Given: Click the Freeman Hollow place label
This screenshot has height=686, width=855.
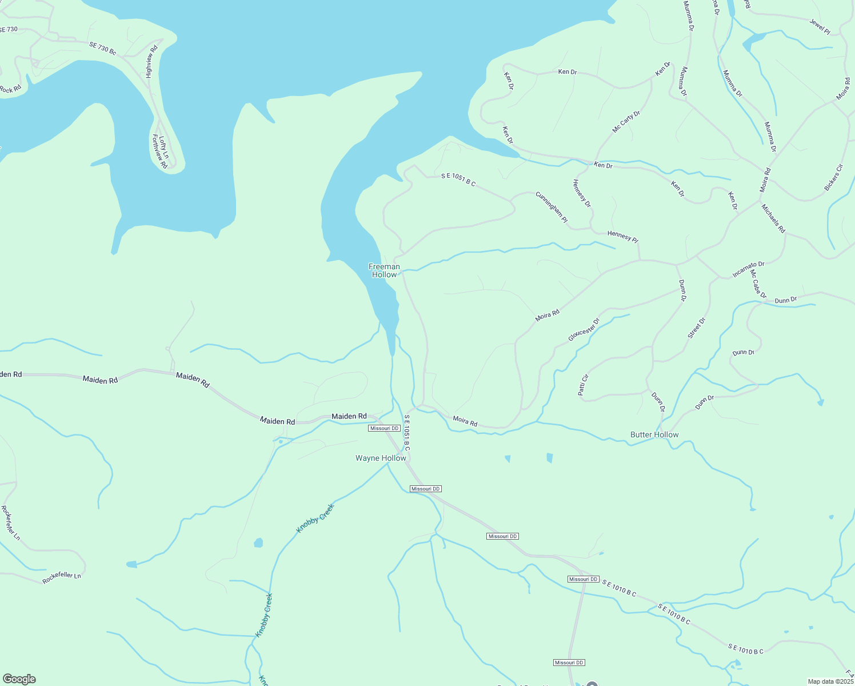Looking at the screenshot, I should (384, 270).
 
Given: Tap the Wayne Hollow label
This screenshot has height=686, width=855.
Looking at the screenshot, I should (381, 458).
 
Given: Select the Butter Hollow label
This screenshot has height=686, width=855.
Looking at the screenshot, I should (654, 434).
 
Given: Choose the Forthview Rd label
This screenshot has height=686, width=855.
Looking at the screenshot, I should (159, 151).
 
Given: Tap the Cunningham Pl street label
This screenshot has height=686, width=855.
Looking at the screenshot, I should (552, 207).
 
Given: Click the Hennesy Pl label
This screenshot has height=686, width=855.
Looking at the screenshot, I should (622, 236).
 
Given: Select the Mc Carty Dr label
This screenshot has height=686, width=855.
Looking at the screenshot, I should (626, 122).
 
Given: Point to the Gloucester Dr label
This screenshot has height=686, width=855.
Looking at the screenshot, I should (584, 330).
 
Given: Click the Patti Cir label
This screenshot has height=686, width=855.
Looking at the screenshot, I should (582, 385).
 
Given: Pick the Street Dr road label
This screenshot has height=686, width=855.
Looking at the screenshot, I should (697, 328).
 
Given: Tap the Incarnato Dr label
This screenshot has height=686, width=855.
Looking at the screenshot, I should (749, 269).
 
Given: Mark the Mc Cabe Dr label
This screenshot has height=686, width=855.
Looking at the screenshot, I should (758, 284).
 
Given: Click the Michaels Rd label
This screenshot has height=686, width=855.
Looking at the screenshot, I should (773, 218).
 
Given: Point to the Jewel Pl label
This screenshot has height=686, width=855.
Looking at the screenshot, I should (820, 26).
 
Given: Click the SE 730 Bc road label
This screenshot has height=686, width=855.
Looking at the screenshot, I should (103, 49).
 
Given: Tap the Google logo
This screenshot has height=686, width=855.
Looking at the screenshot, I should (19, 679).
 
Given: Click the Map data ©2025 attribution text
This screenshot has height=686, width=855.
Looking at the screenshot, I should (830, 681).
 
